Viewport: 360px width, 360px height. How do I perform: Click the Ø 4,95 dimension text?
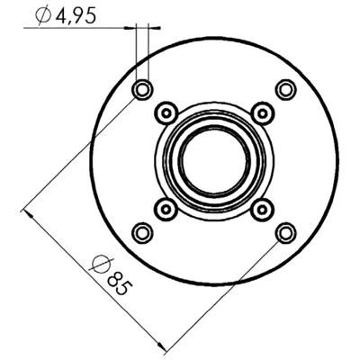pyautogui.click(x=66, y=15)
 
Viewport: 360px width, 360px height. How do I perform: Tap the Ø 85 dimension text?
pyautogui.click(x=111, y=274)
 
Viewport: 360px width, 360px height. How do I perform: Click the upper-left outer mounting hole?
pyautogui.click(x=142, y=89)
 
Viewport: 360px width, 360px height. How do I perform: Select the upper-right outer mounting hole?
pyautogui.click(x=285, y=89)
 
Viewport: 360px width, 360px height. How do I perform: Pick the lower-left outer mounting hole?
pyautogui.click(x=142, y=232)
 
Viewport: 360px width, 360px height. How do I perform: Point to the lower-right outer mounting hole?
pyautogui.click(x=285, y=232)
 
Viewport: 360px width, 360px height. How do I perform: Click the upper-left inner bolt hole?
pyautogui.click(x=166, y=113)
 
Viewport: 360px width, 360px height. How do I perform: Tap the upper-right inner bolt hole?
pyautogui.click(x=263, y=113)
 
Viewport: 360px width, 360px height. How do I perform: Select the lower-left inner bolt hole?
pyautogui.click(x=166, y=209)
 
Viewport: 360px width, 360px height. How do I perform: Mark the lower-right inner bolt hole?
pyautogui.click(x=262, y=209)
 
